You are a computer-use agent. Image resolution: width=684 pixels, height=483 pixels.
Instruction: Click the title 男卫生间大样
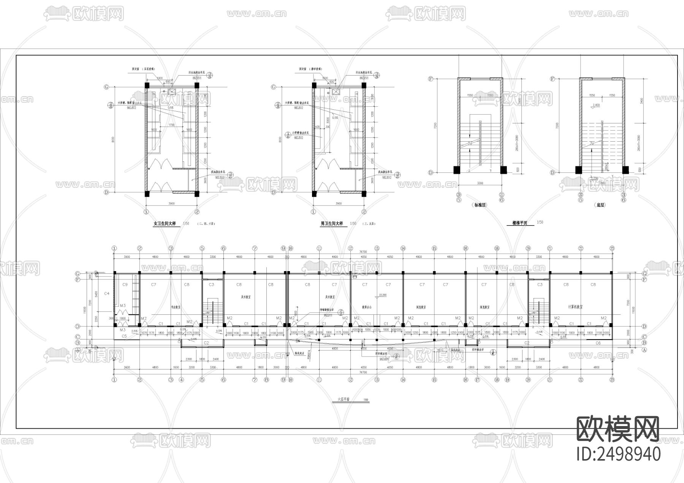point(331,224)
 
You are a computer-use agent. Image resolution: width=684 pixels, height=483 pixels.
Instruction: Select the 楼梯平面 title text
point(519,223)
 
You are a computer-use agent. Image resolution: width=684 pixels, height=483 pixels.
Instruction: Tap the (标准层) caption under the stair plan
point(480,205)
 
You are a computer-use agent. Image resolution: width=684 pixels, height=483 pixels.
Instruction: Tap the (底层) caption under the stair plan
point(600,205)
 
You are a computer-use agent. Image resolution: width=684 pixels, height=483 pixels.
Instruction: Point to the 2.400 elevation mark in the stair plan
point(596,105)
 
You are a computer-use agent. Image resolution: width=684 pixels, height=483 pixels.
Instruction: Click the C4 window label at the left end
point(107,294)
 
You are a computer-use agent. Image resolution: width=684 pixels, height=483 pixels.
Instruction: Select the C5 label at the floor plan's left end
point(124,336)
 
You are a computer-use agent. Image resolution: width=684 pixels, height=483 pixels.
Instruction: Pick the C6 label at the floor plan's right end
point(598,343)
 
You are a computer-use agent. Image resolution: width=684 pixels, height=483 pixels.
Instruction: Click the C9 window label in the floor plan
point(125,284)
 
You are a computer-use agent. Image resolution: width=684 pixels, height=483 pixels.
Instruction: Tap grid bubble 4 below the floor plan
point(181,379)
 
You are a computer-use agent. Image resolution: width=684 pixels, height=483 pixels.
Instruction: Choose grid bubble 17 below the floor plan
point(478,379)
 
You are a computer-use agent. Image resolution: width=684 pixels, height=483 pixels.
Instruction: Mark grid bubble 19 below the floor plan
point(507,379)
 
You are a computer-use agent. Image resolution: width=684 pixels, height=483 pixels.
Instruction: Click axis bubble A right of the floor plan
point(644,350)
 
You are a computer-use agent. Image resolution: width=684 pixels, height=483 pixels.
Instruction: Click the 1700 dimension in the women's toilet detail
point(171,125)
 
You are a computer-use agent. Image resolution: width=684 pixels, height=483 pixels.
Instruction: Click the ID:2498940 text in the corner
point(619,454)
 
